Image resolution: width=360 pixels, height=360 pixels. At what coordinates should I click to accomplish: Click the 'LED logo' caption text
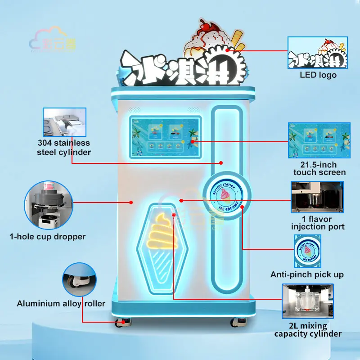coord(318,75)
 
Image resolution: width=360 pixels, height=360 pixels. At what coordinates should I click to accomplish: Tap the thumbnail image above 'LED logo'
coord(318,53)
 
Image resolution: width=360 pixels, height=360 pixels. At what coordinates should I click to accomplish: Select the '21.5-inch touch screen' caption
coord(319,168)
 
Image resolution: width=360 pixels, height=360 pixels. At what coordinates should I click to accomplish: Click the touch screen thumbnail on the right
coord(319,140)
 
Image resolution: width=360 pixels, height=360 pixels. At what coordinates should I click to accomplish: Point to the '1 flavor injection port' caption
coord(318,222)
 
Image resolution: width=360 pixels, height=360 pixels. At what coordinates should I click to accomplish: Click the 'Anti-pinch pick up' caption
coord(307,274)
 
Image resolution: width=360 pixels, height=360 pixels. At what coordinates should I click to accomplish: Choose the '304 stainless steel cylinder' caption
coord(64,148)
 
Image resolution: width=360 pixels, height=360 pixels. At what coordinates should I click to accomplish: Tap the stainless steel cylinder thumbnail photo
coord(64,122)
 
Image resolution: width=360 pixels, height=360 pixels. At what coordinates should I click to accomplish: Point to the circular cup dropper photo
coord(49,204)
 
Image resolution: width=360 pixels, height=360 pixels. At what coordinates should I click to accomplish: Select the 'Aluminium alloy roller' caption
coord(61,303)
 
